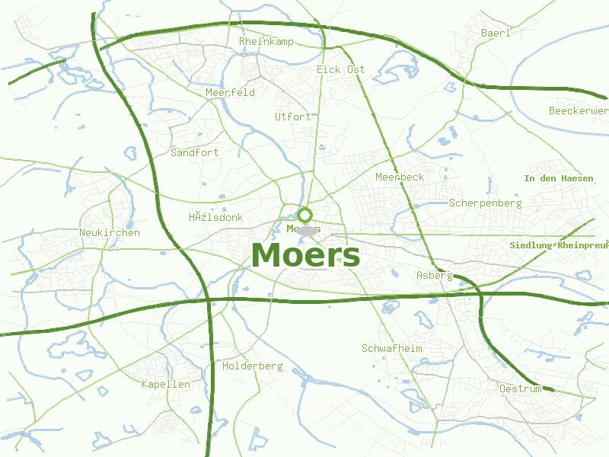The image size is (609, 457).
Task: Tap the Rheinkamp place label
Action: coord(266,41)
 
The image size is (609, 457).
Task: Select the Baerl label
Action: coord(496,33)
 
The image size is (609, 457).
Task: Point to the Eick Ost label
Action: coord(340,69)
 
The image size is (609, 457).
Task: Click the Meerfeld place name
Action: coord(230,92)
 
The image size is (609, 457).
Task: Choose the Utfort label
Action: coord(293,117)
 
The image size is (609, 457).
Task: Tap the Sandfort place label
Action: coord(194,152)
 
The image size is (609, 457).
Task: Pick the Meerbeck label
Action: coord(400,177)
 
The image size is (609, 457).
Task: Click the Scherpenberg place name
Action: coord(485,203)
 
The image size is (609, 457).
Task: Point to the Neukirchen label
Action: coord(110,232)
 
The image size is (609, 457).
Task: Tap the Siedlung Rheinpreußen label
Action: coord(559,246)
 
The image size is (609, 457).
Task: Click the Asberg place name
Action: coord(435,275)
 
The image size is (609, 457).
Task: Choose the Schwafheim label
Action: coord(391,348)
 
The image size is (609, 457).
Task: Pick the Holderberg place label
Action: coord(252,366)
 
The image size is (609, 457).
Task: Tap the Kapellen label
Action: coord(165,385)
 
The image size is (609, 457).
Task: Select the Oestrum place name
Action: coord(520,389)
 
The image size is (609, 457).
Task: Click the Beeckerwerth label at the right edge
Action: coord(579,111)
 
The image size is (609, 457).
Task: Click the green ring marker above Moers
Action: coord(305,215)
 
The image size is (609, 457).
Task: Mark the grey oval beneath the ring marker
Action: coord(306,231)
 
